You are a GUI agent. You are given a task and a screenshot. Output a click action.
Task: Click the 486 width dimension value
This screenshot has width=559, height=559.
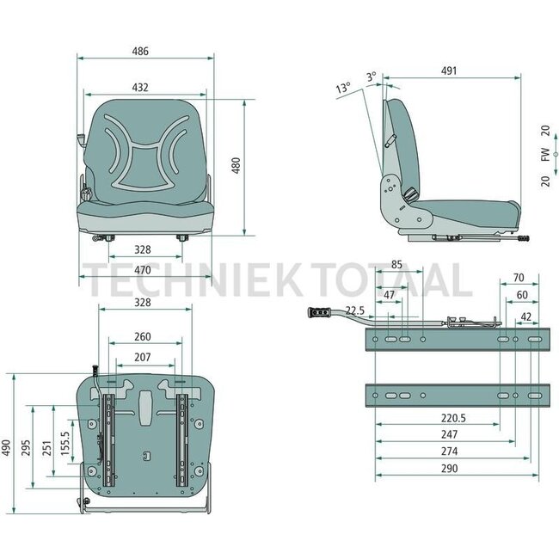tap(140, 52)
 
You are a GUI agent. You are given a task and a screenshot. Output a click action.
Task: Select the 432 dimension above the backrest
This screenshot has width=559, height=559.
tap(140, 87)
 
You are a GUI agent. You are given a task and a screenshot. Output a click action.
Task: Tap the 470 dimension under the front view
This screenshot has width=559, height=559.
tap(143, 270)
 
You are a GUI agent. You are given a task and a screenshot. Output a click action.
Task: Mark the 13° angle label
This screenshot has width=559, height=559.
tap(343, 89)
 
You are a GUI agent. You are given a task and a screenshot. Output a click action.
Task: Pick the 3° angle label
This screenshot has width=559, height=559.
tap(371, 77)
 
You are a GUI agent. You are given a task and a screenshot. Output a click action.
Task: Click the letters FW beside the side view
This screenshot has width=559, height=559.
tap(545, 156)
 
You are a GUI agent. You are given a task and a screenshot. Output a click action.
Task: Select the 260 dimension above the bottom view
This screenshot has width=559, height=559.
tap(143, 337)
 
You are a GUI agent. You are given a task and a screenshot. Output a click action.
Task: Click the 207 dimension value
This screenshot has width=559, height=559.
tap(143, 356)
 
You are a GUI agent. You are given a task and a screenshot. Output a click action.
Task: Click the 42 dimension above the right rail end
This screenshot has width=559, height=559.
tap(525, 316)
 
